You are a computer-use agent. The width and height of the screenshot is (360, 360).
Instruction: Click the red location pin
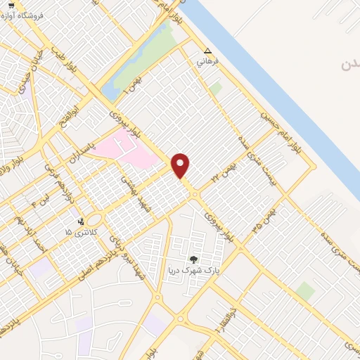tap(181, 165)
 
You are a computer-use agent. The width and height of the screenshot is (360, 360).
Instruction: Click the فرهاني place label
tap(207, 62)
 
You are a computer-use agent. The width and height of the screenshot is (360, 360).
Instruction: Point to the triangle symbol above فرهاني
tap(207, 51)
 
